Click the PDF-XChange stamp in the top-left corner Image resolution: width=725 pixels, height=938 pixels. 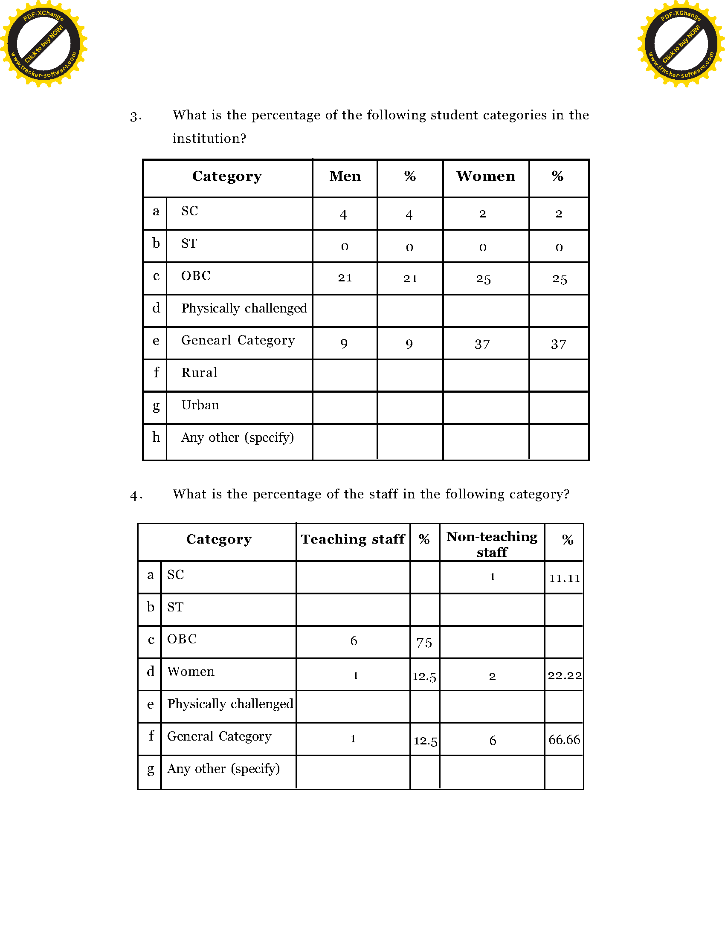(x=43, y=43)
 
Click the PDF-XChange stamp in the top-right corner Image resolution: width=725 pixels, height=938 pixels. (x=681, y=43)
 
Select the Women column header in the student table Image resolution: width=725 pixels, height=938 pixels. (x=485, y=176)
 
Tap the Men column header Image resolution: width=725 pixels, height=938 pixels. (x=345, y=176)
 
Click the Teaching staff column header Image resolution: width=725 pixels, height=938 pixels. (x=353, y=539)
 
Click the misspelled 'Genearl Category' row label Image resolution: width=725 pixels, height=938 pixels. (x=238, y=340)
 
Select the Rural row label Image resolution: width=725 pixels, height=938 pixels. (x=199, y=372)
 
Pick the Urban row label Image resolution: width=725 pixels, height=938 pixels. (x=200, y=405)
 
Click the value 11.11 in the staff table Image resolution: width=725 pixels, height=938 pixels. (x=564, y=578)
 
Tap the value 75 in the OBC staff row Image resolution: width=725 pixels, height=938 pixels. (x=424, y=643)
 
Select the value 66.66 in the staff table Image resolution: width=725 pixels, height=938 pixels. (x=564, y=740)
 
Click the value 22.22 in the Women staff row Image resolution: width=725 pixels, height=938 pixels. (x=564, y=675)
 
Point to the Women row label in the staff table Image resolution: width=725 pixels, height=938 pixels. (x=191, y=671)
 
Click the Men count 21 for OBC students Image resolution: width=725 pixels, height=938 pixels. (x=345, y=278)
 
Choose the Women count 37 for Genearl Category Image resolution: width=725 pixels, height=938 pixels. (x=482, y=344)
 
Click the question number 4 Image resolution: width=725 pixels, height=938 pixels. (x=135, y=495)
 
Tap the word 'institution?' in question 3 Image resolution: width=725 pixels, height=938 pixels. (x=209, y=138)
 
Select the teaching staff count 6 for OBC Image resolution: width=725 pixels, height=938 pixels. (x=354, y=641)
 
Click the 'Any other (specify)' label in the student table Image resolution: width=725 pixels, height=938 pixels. (x=238, y=437)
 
